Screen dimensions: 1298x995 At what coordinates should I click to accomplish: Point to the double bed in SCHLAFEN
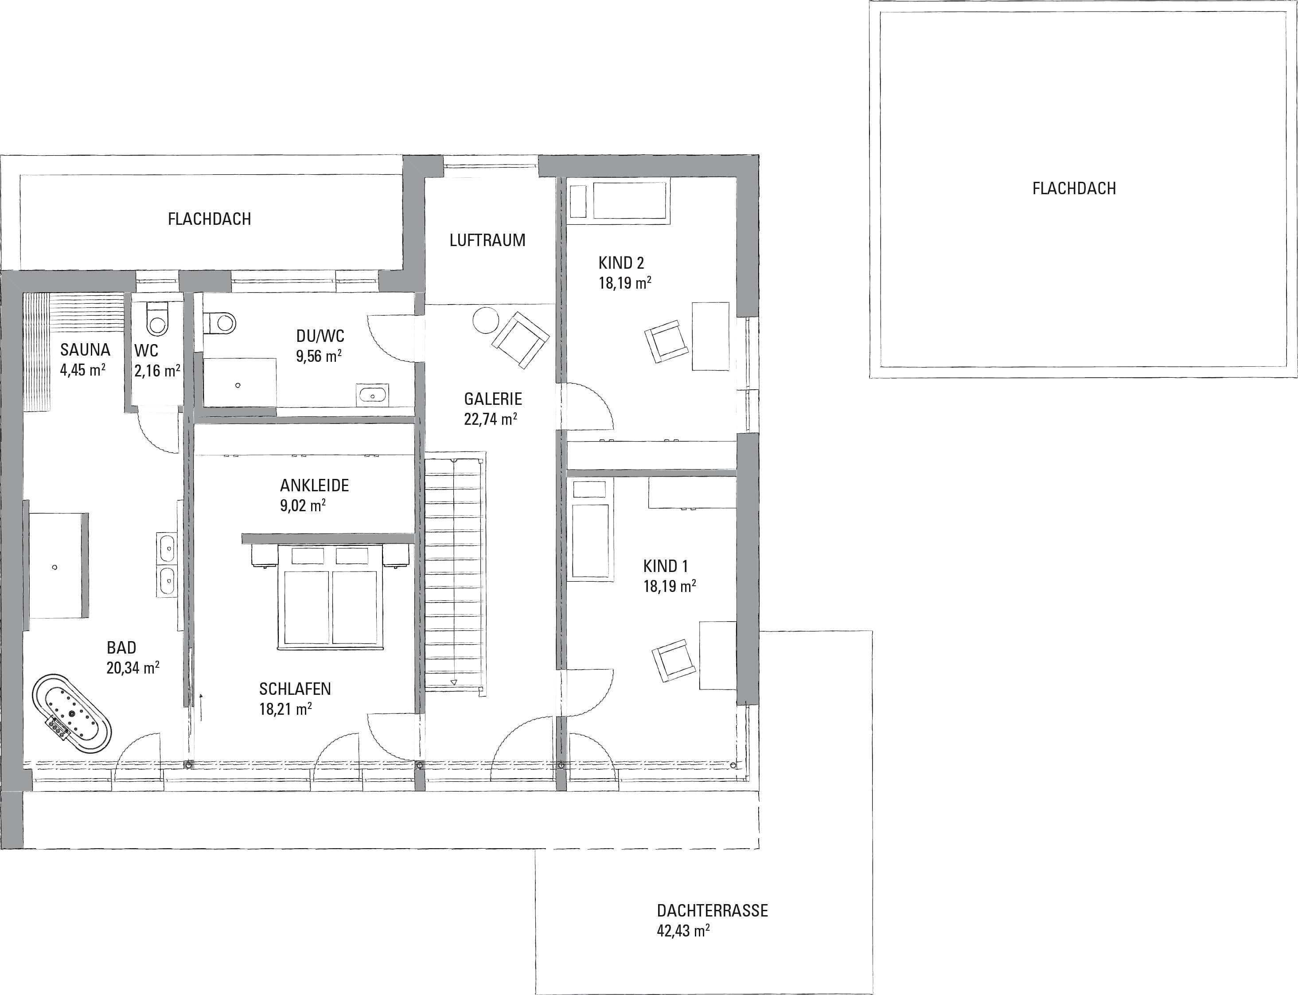330,597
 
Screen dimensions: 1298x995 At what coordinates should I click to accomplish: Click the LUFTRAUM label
487,240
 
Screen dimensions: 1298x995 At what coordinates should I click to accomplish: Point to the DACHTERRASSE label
712,910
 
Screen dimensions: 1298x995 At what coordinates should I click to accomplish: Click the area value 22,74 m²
491,419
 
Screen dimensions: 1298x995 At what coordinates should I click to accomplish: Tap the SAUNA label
85,349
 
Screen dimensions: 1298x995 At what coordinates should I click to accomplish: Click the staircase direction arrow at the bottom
454,682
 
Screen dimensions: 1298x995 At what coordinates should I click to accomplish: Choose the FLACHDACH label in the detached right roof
1074,188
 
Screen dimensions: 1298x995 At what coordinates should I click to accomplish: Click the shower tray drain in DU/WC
238,386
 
